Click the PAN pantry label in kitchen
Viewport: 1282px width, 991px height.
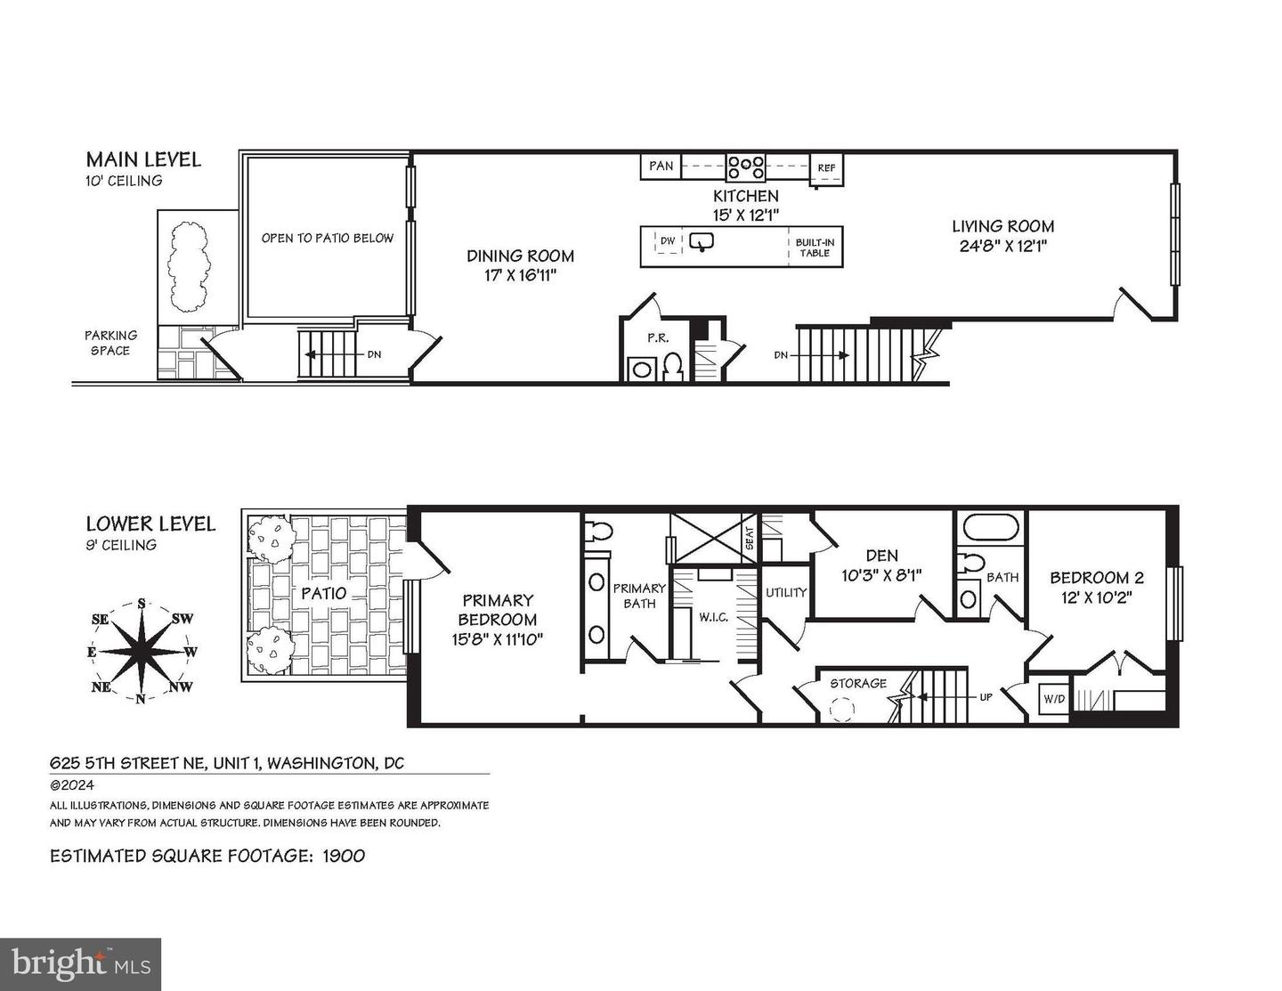[661, 166]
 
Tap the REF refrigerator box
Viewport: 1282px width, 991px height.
[826, 167]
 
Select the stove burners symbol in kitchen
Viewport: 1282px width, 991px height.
[745, 167]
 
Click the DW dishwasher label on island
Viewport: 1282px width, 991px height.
[667, 240]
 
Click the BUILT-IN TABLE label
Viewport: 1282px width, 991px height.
[815, 248]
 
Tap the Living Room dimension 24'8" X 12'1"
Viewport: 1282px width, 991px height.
[1002, 247]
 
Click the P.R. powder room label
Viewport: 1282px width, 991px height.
[657, 337]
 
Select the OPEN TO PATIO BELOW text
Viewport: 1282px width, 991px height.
[327, 238]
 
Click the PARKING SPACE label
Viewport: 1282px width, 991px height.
[110, 343]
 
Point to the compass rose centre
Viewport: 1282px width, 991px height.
[141, 651]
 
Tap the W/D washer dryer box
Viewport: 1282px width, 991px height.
[1054, 698]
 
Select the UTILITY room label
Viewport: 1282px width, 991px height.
[786, 592]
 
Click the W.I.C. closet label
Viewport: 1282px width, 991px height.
[714, 615]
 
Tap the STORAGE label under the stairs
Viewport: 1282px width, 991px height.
[858, 683]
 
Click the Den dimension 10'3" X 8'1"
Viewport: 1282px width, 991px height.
[880, 575]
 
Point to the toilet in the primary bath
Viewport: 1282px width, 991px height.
[598, 532]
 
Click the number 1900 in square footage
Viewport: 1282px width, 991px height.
[343, 856]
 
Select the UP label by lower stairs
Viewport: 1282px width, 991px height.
[986, 697]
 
